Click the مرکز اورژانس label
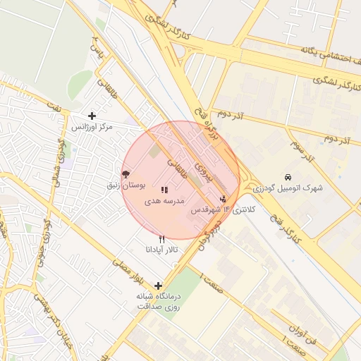pyautogui.click(x=92, y=127)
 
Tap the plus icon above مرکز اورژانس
pyautogui.click(x=92, y=116)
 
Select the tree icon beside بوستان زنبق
pyautogui.click(x=126, y=173)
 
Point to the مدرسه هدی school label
pyautogui.click(x=164, y=201)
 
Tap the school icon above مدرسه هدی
pyautogui.click(x=164, y=190)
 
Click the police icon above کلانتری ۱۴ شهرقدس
pyautogui.click(x=224, y=199)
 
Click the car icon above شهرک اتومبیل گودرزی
pyautogui.click(x=288, y=177)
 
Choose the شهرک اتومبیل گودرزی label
pyautogui.click(x=288, y=188)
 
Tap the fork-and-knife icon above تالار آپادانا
pyautogui.click(x=162, y=240)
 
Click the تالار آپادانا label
pyautogui.click(x=162, y=250)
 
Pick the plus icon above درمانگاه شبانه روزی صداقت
pyautogui.click(x=158, y=285)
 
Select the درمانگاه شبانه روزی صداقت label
pyautogui.click(x=158, y=301)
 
